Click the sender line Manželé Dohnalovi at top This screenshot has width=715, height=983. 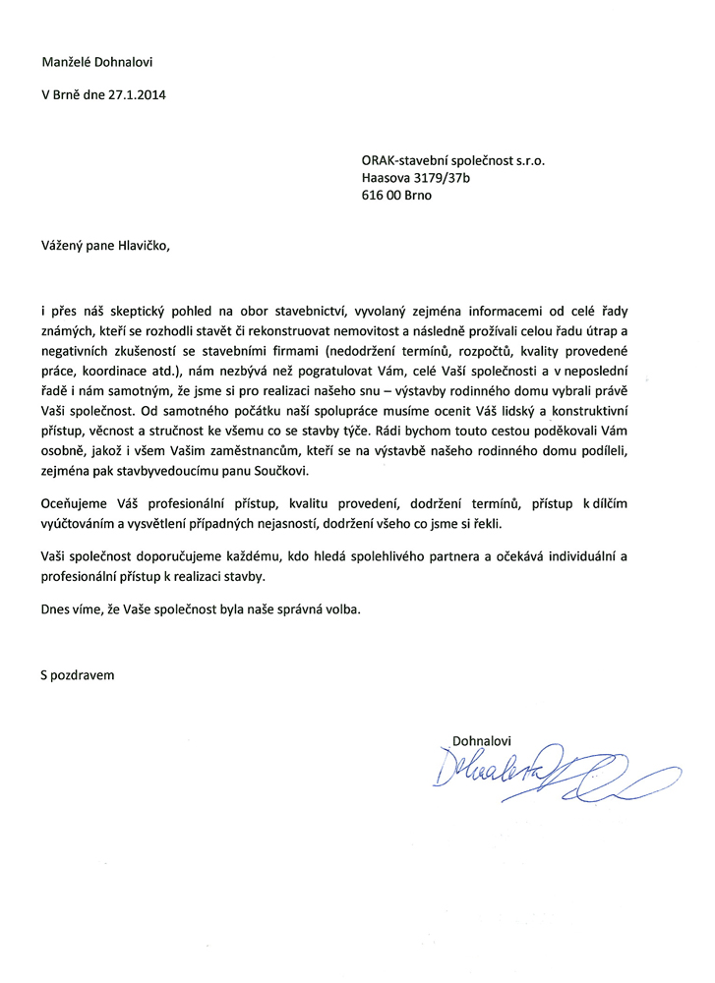click(x=96, y=61)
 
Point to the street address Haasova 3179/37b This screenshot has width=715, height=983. click(x=417, y=177)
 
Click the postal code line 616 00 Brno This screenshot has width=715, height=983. click(x=396, y=195)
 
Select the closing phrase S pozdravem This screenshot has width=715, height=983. click(x=78, y=675)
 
